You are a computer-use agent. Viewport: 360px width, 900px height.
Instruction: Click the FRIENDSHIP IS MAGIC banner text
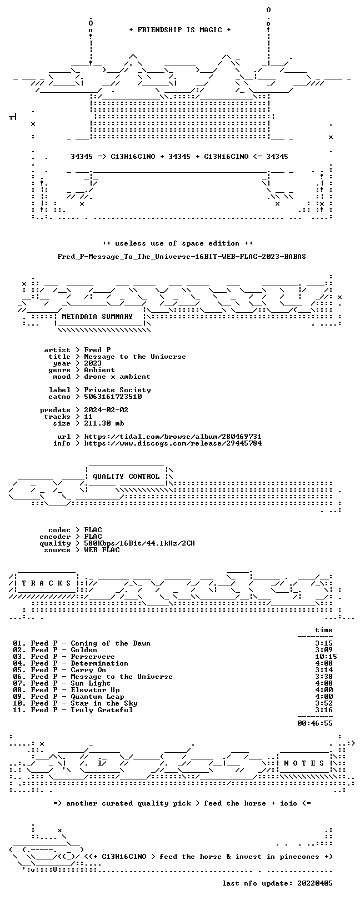tap(180, 30)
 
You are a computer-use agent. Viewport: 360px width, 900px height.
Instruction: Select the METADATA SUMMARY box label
tap(97, 317)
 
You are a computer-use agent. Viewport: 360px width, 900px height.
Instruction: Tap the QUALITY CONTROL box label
tap(126, 477)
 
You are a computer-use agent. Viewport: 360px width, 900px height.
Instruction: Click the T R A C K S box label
tap(46, 583)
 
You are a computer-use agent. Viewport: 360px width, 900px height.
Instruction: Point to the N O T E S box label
tap(304, 763)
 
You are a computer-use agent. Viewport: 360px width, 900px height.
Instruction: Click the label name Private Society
tap(117, 390)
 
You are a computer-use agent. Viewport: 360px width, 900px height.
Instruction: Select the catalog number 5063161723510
tap(113, 397)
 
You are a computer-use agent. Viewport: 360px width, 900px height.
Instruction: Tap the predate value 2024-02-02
tap(106, 410)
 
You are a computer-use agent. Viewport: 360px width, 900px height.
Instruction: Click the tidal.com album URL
tap(173, 437)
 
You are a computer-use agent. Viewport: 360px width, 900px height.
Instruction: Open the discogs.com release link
tap(173, 443)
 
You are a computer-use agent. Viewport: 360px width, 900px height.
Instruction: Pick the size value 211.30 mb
tap(104, 423)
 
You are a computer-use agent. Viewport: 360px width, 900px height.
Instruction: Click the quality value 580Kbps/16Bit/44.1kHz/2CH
tap(139, 544)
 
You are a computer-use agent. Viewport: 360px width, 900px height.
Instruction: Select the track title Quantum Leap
tap(97, 697)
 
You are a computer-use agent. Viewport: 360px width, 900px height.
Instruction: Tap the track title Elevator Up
tap(95, 690)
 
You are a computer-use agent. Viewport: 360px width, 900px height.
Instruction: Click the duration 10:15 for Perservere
tap(326, 657)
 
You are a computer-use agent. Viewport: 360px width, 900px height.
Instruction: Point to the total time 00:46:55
tap(315, 723)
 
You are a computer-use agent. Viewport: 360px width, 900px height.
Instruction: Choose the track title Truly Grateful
tap(102, 710)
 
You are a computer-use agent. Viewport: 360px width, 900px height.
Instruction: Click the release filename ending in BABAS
tap(182, 257)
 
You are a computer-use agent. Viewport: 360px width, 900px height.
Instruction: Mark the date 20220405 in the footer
tap(315, 883)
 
